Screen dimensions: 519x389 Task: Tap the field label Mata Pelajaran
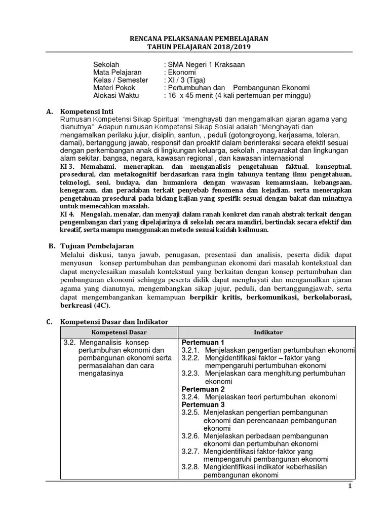pyautogui.click(x=118, y=72)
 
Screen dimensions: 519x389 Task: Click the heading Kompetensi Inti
pyautogui.click(x=87, y=111)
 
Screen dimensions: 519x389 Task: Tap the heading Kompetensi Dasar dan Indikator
pyautogui.click(x=113, y=322)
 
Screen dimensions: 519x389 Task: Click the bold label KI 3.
pyautogui.click(x=68, y=167)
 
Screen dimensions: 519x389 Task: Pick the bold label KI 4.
pyautogui.click(x=68, y=214)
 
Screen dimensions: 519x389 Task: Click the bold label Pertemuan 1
pyautogui.click(x=203, y=342)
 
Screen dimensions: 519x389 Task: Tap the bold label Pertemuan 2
pyautogui.click(x=203, y=389)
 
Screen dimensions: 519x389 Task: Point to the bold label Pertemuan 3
pyautogui.click(x=203, y=404)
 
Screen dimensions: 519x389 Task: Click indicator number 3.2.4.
pyautogui.click(x=190, y=397)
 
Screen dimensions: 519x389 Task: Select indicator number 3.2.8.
pyautogui.click(x=190, y=467)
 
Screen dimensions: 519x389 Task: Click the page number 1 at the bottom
pyautogui.click(x=349, y=487)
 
